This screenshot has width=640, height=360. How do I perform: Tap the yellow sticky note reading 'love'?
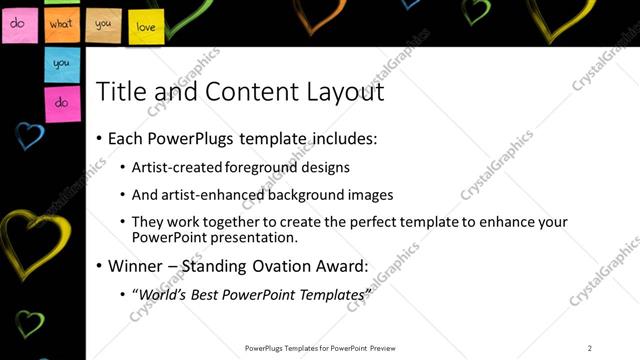(144, 25)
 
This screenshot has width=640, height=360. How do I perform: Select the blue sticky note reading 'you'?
(61, 63)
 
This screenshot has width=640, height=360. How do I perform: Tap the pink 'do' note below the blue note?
(61, 102)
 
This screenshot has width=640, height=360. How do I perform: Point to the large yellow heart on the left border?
(35, 240)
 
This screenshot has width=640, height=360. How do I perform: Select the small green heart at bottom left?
(30, 323)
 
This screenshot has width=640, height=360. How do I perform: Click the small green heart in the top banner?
(477, 10)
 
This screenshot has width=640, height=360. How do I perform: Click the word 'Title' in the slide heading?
(118, 92)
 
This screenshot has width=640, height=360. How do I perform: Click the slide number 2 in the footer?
(589, 348)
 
